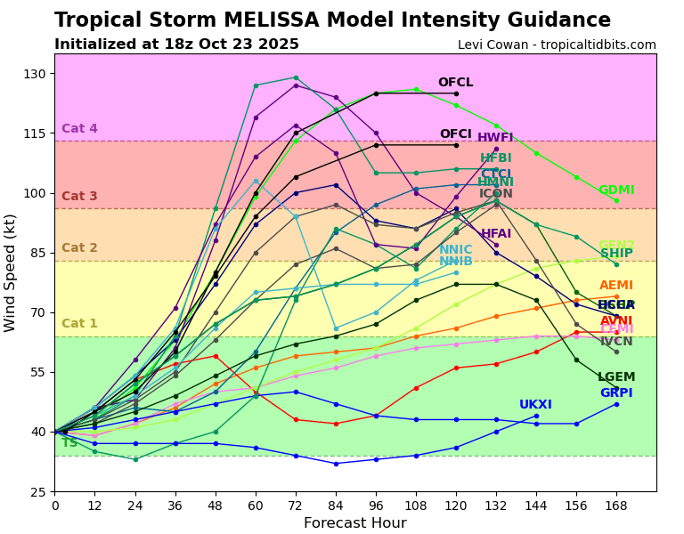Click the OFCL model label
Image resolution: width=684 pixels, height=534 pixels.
click(455, 83)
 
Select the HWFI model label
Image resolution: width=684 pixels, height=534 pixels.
click(495, 138)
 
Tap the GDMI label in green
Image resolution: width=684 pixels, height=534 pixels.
click(616, 190)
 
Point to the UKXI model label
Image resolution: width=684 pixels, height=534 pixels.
click(535, 405)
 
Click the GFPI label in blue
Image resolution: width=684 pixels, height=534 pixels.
click(616, 393)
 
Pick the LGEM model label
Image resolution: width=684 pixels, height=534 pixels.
click(616, 377)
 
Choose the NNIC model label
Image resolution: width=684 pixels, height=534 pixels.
click(456, 250)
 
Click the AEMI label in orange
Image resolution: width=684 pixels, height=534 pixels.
click(616, 286)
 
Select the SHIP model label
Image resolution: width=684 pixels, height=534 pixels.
click(616, 254)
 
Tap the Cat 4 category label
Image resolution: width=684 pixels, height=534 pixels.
click(79, 129)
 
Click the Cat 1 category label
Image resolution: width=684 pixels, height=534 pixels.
click(79, 324)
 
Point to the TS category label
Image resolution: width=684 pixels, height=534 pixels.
click(69, 442)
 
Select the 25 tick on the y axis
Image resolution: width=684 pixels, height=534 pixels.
click(37, 492)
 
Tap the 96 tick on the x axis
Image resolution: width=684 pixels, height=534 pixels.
click(376, 506)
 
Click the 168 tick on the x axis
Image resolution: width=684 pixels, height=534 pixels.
click(616, 506)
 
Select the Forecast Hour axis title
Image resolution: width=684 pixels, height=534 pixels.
click(354, 523)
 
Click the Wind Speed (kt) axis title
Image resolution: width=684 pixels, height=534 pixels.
click(11, 272)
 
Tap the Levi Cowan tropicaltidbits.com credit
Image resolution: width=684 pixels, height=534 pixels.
click(557, 44)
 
